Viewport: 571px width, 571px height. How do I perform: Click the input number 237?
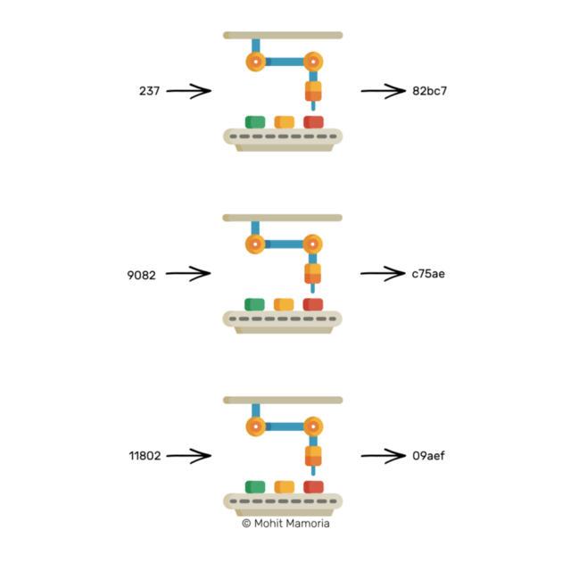pos(149,91)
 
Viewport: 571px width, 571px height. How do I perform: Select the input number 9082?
pos(142,275)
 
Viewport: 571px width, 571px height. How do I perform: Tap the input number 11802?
pos(145,456)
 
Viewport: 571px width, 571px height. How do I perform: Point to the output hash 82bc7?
pos(427,91)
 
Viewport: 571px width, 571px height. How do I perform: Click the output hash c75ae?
pos(428,274)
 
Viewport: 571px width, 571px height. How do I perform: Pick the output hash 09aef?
pos(428,456)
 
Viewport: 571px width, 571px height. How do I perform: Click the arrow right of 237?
pos(188,91)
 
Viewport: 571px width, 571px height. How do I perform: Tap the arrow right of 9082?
pos(188,274)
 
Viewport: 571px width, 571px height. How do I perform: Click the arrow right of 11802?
pos(188,456)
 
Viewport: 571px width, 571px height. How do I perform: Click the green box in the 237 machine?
pos(255,122)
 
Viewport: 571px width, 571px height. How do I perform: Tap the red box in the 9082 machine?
pos(313,305)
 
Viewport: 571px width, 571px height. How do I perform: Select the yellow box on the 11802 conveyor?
pos(285,487)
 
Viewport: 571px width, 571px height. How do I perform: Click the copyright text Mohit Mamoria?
pos(285,524)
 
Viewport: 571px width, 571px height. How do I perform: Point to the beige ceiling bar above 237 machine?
pos(283,36)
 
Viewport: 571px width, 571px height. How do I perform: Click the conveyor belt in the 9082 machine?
pos(283,319)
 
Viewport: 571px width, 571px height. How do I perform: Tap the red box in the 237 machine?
pos(313,122)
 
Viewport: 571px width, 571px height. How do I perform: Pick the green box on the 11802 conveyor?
pos(255,487)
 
